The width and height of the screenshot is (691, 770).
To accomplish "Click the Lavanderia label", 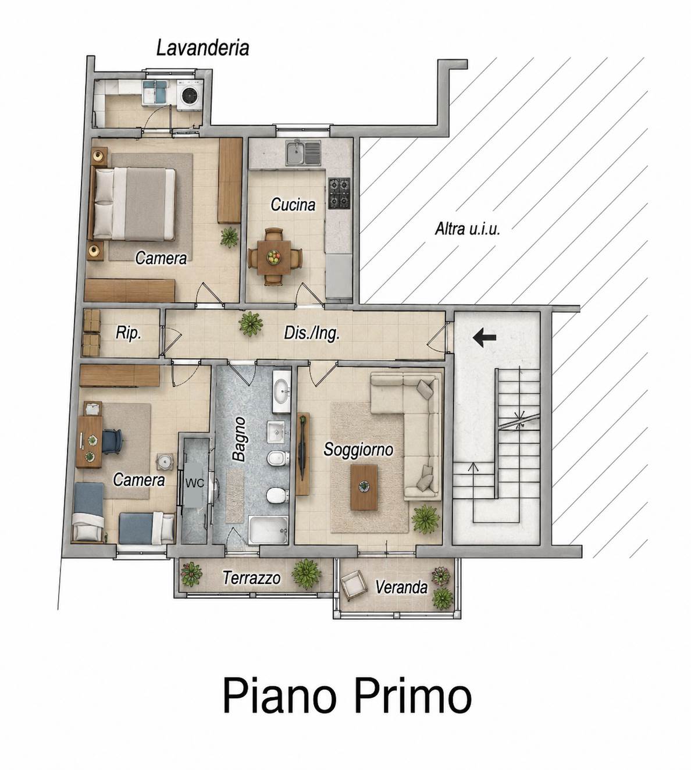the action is (x=202, y=48).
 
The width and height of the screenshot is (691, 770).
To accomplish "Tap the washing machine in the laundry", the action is (x=189, y=95).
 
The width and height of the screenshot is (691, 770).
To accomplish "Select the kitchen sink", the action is (x=303, y=153).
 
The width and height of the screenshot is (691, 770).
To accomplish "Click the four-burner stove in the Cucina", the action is (x=339, y=193).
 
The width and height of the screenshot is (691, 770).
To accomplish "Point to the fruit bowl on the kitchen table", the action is (x=273, y=257).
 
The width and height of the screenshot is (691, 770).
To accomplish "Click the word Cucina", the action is (x=293, y=205).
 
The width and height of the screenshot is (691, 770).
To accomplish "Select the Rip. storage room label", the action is (x=128, y=333).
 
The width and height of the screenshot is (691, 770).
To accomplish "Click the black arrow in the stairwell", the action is (x=485, y=337).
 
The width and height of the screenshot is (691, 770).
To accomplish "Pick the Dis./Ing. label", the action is (x=312, y=333).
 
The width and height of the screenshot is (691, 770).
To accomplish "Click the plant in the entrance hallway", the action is (x=251, y=323).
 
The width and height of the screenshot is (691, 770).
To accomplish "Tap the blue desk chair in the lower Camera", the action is (x=112, y=441).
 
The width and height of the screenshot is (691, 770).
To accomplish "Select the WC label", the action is (x=195, y=483).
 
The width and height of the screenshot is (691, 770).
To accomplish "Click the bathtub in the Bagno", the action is (x=268, y=530).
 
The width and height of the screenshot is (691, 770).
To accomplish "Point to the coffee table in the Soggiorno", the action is (x=364, y=487).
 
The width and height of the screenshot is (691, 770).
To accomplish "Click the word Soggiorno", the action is (x=358, y=450).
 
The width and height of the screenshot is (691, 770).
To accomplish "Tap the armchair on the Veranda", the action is (x=354, y=584).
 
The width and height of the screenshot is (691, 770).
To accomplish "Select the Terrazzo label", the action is (x=251, y=578).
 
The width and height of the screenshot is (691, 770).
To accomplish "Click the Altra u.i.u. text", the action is (x=467, y=229).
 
